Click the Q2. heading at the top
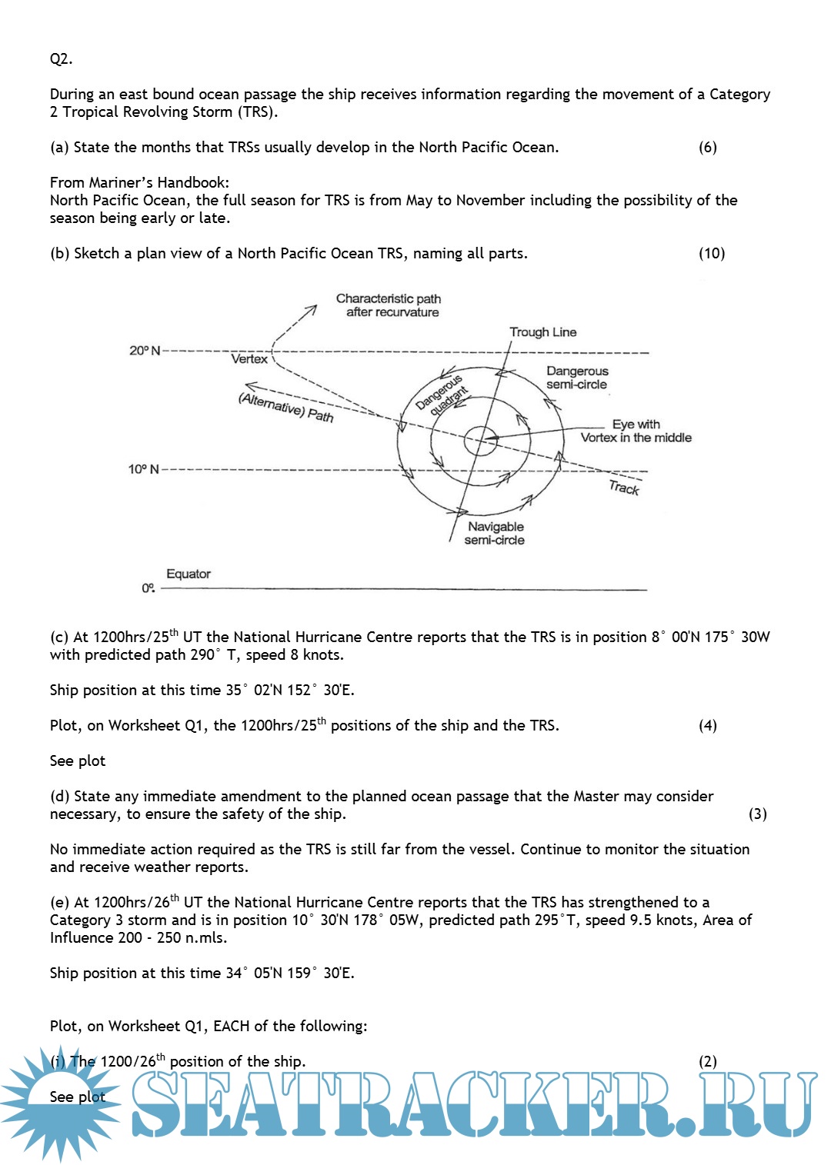(61, 59)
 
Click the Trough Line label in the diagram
(542, 332)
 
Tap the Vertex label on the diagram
(249, 359)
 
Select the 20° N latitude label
(145, 351)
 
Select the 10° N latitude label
(144, 469)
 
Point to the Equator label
(188, 574)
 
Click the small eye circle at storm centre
(479, 441)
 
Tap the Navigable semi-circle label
(495, 533)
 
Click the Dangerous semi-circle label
(577, 378)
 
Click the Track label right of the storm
(624, 488)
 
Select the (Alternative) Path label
(286, 408)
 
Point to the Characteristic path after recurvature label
(389, 305)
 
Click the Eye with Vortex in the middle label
(636, 431)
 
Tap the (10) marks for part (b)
(711, 254)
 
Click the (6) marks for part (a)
(707, 148)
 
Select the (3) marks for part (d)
(757, 814)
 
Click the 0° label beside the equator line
(149, 588)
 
